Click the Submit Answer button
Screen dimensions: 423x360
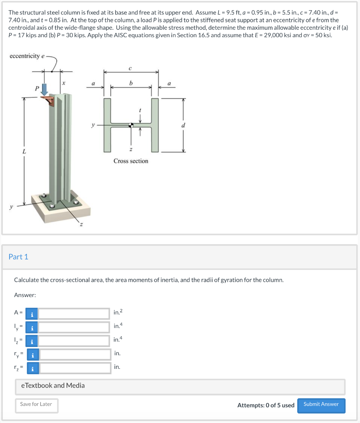point(321,405)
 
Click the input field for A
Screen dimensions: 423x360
point(74,314)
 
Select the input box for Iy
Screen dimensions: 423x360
point(74,328)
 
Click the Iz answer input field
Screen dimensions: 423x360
point(74,341)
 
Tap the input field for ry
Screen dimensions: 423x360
point(75,354)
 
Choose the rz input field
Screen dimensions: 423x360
point(75,367)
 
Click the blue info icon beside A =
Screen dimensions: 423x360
point(32,314)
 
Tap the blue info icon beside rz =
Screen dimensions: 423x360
point(33,367)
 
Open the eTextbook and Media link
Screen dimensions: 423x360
point(53,385)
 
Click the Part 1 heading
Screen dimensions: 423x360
point(19,257)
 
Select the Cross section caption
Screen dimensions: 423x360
point(131,161)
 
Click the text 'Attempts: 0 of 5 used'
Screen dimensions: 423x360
point(266,405)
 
